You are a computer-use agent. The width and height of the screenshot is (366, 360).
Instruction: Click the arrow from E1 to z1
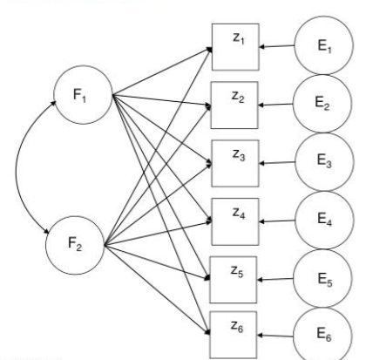[x=277, y=46]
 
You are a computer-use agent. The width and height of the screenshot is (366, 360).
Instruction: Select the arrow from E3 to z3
[x=277, y=163]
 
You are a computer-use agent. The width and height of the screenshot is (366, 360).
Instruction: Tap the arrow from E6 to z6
[x=275, y=336]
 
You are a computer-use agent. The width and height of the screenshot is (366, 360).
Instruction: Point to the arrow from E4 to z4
[x=277, y=221]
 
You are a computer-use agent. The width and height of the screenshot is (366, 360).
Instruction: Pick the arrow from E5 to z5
[x=275, y=279]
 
